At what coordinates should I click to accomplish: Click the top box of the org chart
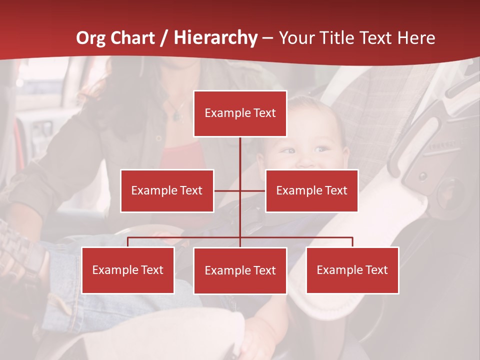click(x=240, y=113)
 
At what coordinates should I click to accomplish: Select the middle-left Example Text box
click(x=167, y=190)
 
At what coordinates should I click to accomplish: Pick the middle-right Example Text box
click(x=311, y=190)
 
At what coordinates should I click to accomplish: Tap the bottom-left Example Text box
click(x=128, y=270)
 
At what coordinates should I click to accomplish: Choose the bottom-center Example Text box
click(x=240, y=270)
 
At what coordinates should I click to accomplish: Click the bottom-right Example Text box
click(x=352, y=270)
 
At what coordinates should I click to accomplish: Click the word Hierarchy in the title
click(x=215, y=38)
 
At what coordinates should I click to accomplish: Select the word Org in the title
click(x=90, y=38)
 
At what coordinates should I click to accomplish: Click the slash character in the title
click(x=164, y=38)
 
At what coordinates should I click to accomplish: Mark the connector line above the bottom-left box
click(x=128, y=241)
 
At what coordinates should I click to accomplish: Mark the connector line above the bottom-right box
click(x=352, y=241)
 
